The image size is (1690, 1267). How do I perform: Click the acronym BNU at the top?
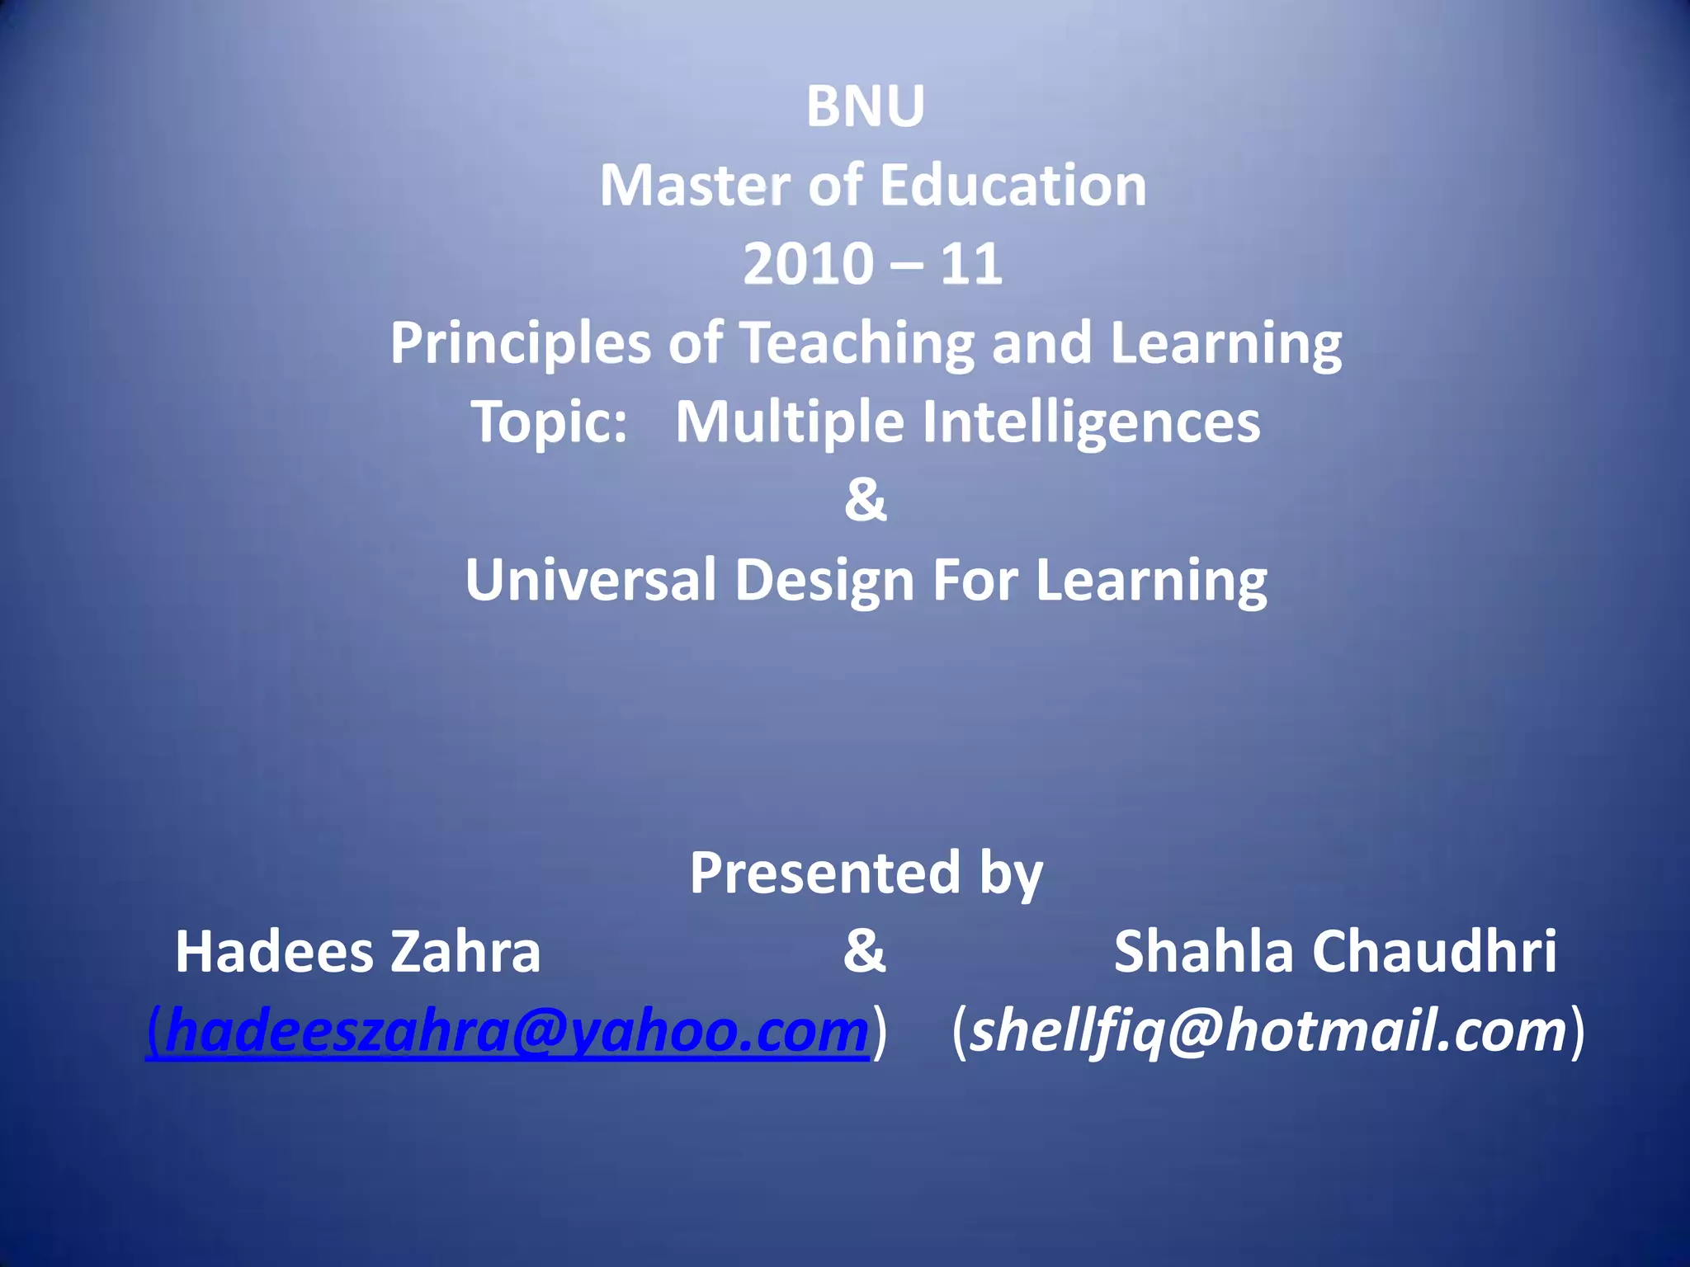(865, 107)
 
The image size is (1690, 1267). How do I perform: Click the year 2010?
(808, 265)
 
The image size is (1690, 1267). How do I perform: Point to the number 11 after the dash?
(971, 265)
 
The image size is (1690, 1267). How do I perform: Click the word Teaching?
(856, 344)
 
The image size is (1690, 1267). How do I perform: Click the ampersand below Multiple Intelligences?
(865, 500)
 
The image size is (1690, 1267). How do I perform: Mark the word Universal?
(590, 580)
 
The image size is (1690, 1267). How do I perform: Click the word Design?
(824, 580)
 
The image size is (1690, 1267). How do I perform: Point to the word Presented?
(824, 873)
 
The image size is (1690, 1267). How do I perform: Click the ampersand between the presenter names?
(864, 950)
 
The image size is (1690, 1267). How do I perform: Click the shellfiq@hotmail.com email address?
(1267, 1032)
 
